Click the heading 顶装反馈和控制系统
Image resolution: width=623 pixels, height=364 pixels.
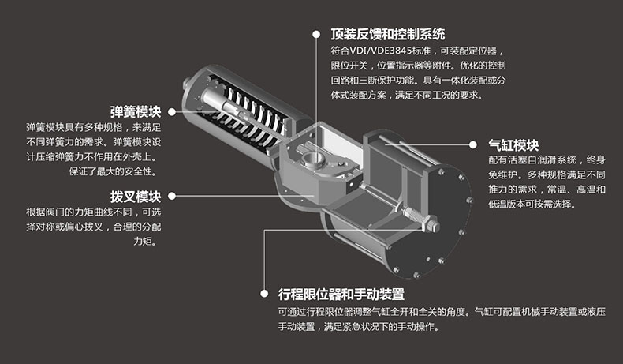[388, 34]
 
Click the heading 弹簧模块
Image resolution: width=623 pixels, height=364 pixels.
[136, 112]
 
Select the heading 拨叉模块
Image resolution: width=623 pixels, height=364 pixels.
[136, 196]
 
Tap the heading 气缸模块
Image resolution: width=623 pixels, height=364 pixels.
[513, 144]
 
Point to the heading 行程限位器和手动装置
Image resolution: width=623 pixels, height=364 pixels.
[341, 294]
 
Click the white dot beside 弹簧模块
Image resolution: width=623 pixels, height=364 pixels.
[172, 112]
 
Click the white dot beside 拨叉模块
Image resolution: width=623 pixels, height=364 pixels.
[172, 196]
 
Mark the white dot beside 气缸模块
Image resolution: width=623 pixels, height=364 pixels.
[473, 144]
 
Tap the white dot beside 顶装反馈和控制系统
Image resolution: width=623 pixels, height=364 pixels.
[316, 34]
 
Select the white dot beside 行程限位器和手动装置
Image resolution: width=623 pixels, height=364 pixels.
[264, 294]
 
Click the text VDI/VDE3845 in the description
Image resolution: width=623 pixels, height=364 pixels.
[380, 51]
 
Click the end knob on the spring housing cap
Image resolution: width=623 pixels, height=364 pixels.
[187, 84]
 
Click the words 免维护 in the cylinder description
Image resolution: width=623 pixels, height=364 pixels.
[502, 174]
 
